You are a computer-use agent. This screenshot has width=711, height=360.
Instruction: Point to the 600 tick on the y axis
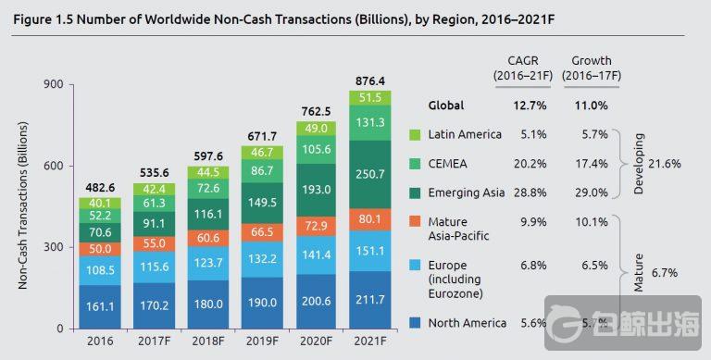coord(52,166)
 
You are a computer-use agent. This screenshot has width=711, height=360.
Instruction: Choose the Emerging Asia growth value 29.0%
coord(592,192)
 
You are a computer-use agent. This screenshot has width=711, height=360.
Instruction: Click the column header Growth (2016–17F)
coord(592,68)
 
